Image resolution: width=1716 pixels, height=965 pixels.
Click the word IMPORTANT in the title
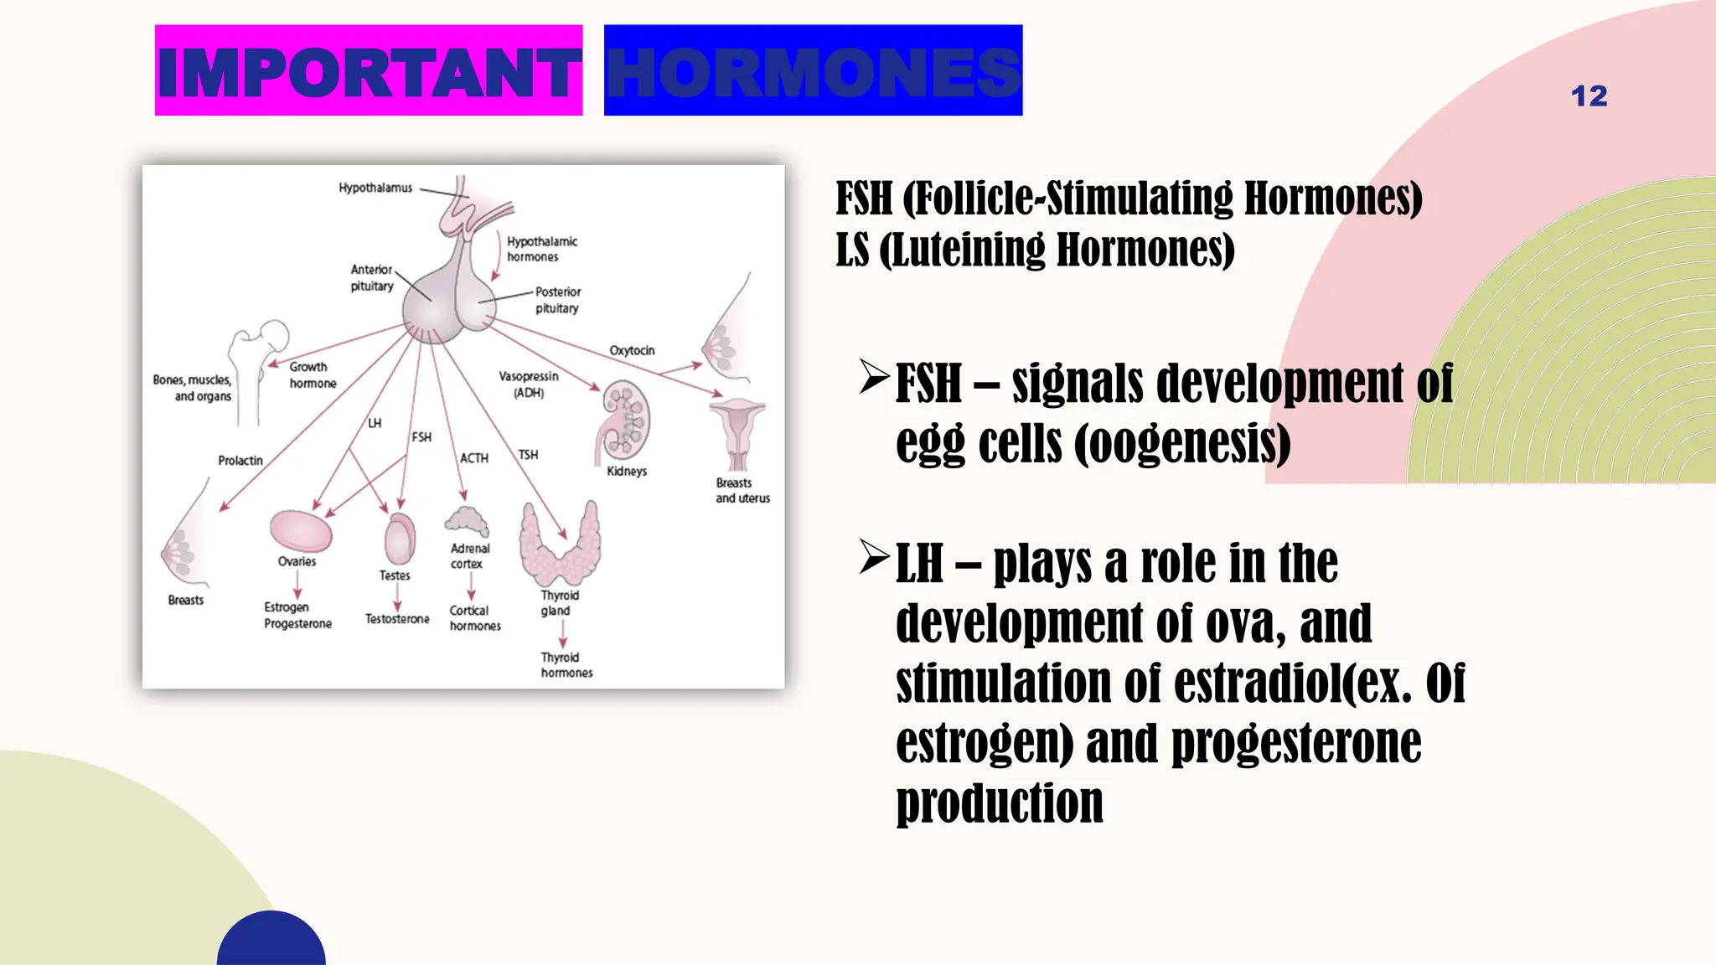pyautogui.click(x=369, y=72)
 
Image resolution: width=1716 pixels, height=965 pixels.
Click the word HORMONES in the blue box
pyautogui.click(x=813, y=72)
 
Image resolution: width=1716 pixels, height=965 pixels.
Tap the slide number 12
pyautogui.click(x=1589, y=96)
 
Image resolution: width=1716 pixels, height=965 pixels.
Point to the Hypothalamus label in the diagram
pyautogui.click(x=375, y=188)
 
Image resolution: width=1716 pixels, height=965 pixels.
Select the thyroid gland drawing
pyautogui.click(x=559, y=545)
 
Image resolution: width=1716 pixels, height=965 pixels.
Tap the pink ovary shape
pyautogui.click(x=301, y=531)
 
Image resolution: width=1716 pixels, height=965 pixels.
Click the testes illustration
pyautogui.click(x=400, y=539)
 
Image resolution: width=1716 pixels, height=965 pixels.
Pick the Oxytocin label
pyautogui.click(x=632, y=350)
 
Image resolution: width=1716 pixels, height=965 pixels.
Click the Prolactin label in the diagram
pyautogui.click(x=240, y=461)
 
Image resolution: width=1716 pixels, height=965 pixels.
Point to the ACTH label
pyautogui.click(x=473, y=458)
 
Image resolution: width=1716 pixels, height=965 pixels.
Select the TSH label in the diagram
pyautogui.click(x=528, y=455)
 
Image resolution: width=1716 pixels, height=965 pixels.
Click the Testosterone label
pyautogui.click(x=397, y=619)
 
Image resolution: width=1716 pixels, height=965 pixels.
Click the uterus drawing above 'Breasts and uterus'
pyautogui.click(x=737, y=432)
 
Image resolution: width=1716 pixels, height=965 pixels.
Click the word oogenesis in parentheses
pyautogui.click(x=1182, y=443)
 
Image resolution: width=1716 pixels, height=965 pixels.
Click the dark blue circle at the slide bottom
pyautogui.click(x=271, y=942)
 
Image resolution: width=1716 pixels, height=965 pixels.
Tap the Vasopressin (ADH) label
pyautogui.click(x=529, y=384)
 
